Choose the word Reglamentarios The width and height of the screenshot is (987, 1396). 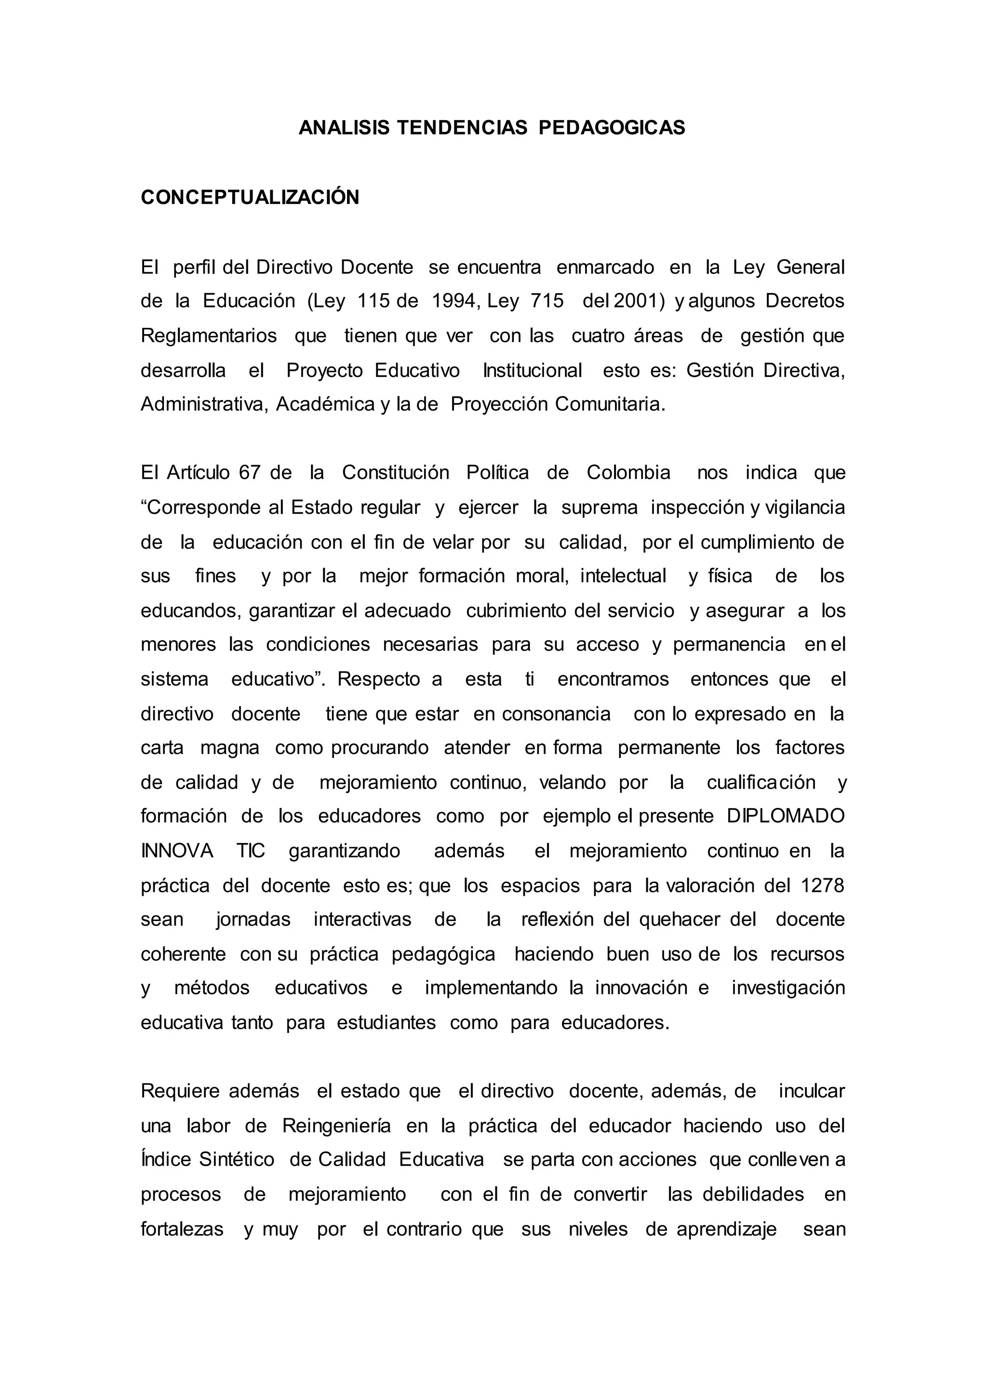(209, 336)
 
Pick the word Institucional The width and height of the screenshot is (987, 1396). (533, 370)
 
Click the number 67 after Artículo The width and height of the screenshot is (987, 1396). (249, 473)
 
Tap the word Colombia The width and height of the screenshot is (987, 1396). (628, 473)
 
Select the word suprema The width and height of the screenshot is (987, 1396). (599, 508)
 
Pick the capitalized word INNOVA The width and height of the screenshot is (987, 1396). (177, 851)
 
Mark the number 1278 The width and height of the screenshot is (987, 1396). (822, 885)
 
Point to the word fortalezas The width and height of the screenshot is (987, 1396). (182, 1229)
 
